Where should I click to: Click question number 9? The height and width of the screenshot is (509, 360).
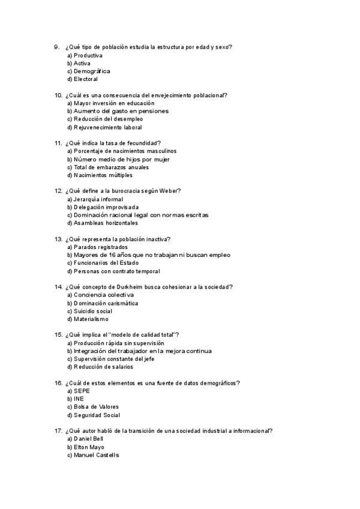pyautogui.click(x=56, y=47)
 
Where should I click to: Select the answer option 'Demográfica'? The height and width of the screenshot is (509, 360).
pyautogui.click(x=92, y=71)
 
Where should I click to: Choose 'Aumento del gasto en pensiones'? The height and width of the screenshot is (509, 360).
pyautogui.click(x=121, y=111)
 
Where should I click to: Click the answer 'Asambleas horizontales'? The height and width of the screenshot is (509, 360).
pyautogui.click(x=106, y=223)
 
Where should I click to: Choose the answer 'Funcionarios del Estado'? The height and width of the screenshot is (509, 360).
pyautogui.click(x=107, y=263)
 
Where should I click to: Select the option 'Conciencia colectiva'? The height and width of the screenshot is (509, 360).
pyautogui.click(x=104, y=295)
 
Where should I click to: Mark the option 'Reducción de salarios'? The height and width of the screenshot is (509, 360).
pyautogui.click(x=103, y=367)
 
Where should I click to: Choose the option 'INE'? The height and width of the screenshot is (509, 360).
pyautogui.click(x=79, y=399)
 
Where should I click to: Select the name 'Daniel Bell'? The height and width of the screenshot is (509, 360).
pyautogui.click(x=89, y=439)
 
